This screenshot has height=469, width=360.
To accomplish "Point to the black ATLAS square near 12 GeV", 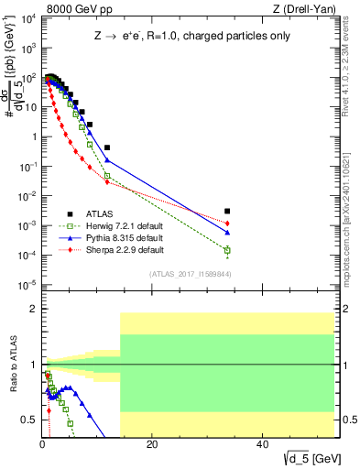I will pos(107,147).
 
